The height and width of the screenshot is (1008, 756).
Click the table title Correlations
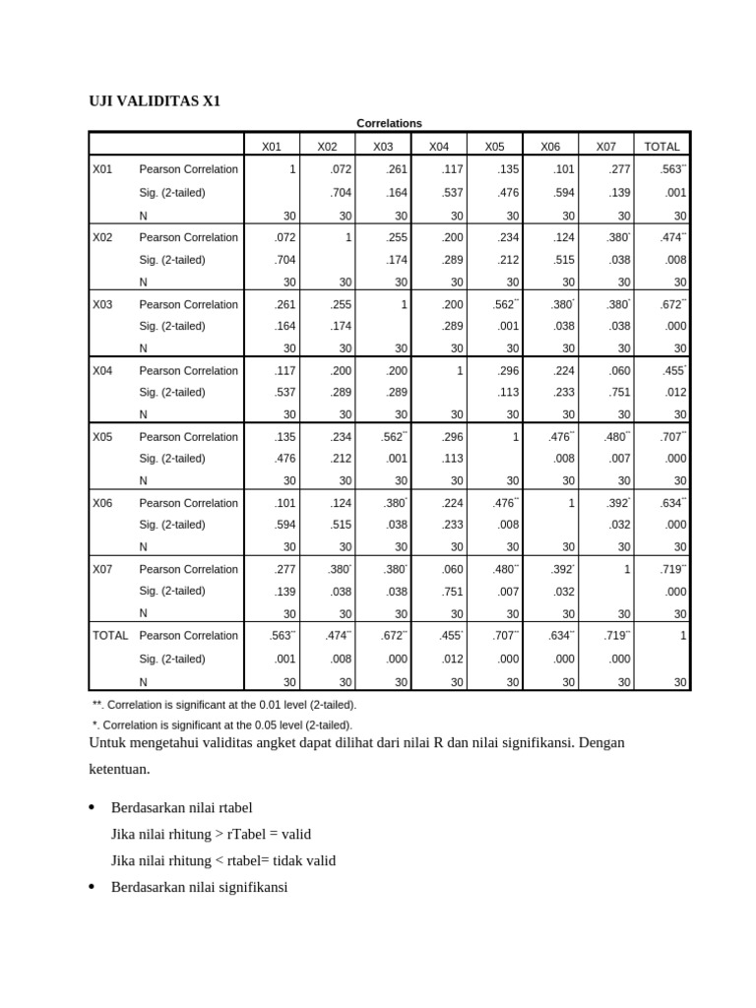(x=388, y=123)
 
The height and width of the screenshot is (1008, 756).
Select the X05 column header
(x=494, y=147)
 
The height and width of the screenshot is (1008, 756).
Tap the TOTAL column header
(x=661, y=147)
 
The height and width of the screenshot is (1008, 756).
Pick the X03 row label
(x=103, y=304)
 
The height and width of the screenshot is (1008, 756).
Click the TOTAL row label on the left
(x=110, y=635)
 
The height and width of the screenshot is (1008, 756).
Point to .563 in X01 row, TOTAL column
(x=672, y=169)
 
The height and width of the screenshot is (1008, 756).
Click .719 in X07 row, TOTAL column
(x=672, y=569)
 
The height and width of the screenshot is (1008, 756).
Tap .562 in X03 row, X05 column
(x=504, y=304)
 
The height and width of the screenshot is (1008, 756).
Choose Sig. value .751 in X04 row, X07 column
(x=619, y=392)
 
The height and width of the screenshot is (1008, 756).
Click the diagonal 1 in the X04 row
(x=459, y=370)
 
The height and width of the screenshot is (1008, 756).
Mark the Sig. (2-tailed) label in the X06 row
(x=172, y=525)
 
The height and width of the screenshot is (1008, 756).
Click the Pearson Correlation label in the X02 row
(x=188, y=237)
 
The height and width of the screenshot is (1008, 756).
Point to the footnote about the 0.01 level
(x=223, y=705)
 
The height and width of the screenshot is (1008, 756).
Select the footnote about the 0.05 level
(x=221, y=724)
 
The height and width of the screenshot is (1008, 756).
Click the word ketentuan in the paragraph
(x=122, y=768)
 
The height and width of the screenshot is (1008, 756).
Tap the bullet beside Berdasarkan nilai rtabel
(x=93, y=808)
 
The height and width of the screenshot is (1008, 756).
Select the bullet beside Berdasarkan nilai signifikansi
(x=93, y=887)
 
